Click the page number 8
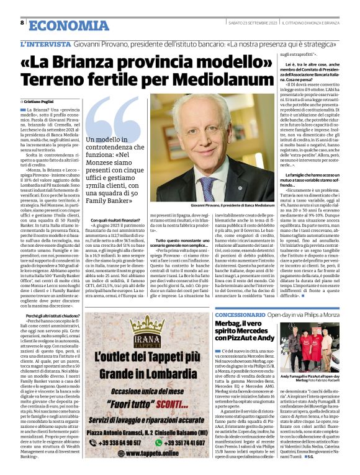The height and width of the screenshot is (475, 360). [22, 22]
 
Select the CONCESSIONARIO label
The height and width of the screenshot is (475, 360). [239, 315]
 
